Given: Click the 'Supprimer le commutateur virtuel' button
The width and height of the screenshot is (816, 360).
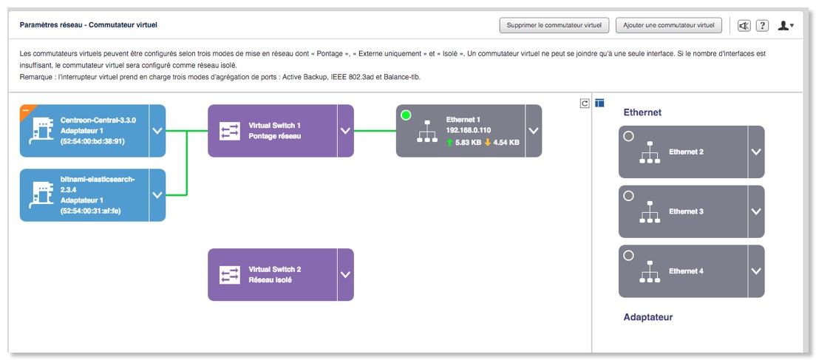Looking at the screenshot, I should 554,25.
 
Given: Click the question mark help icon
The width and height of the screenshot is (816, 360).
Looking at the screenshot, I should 763,26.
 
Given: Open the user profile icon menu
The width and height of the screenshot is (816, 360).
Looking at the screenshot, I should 786,26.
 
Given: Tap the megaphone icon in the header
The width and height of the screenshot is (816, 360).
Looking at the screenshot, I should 744,26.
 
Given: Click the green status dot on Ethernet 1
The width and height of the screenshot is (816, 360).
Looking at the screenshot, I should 406,115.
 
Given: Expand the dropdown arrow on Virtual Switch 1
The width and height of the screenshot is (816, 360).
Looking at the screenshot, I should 345,131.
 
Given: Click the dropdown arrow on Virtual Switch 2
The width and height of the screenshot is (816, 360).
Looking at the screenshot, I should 345,274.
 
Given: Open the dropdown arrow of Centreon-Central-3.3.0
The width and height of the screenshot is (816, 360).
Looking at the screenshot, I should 157,131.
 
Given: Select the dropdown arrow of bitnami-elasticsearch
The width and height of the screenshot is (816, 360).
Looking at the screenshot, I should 157,195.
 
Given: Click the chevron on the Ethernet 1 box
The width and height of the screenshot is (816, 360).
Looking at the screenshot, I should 534,131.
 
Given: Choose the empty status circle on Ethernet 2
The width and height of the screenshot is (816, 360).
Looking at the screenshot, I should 628,136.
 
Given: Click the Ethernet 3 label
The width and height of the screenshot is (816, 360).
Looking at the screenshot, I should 686,211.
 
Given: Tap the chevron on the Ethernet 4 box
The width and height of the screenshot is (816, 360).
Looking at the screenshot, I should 755,271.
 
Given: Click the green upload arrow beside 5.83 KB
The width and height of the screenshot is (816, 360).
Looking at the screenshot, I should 450,143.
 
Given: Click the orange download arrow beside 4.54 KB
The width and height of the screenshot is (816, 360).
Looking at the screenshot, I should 487,143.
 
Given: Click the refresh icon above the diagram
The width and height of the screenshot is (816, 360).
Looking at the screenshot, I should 585,103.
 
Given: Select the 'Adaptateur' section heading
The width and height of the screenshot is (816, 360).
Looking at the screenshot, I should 648,317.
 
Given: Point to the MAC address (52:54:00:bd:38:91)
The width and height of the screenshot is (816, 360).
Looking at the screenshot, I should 92,141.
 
